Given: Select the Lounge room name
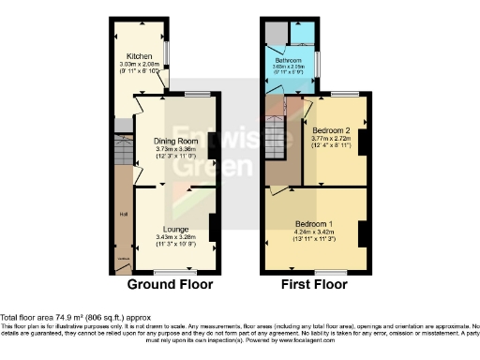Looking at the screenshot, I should tap(175, 229).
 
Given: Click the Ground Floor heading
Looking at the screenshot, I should tap(170, 284).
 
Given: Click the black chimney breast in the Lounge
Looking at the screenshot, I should tap(214, 228).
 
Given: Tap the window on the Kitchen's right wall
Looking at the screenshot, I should tap(167, 54).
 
